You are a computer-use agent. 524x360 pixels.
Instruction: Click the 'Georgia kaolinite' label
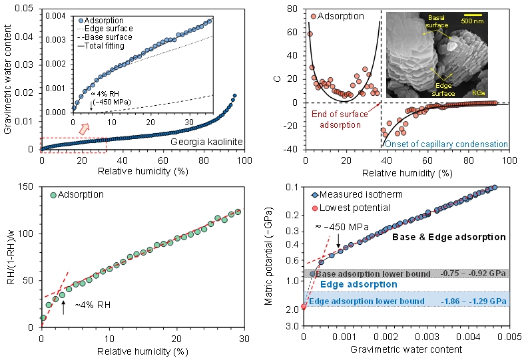pyautogui.click(x=198, y=141)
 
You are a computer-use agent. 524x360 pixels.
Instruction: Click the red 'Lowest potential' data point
pyautogui.click(x=304, y=307)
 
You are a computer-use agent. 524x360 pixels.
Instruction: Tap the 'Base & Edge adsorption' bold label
pyautogui.click(x=449, y=237)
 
